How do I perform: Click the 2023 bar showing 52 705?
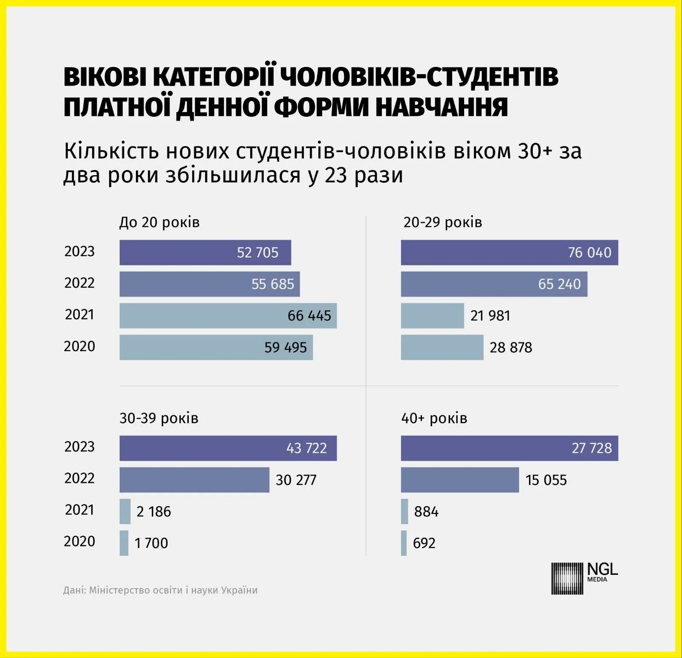[x=205, y=252]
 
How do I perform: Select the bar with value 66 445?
[x=228, y=316]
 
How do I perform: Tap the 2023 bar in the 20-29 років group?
[x=509, y=252]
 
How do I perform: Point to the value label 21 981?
[x=490, y=316]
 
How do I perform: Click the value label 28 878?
[x=511, y=347]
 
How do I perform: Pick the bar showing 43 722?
[x=228, y=448]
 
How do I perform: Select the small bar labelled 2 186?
[x=125, y=511]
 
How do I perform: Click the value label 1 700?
[x=151, y=543]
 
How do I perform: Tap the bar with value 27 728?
[x=509, y=448]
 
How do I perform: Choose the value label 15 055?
[x=546, y=480]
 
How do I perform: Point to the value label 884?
[x=426, y=511]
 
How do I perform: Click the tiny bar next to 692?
[x=404, y=543]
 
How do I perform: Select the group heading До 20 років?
[x=159, y=222]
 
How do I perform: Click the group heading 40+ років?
[x=434, y=418]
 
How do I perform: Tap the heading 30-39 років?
[x=159, y=418]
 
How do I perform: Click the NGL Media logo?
[x=584, y=578]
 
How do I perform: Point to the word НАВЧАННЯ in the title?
[x=442, y=107]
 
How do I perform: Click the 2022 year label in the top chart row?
[x=79, y=283]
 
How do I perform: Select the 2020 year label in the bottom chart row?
[x=79, y=541]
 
